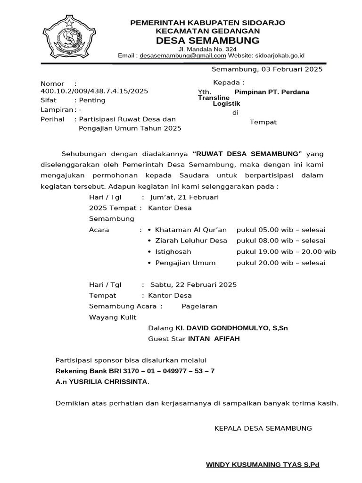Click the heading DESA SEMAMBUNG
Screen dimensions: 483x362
(x=207, y=40)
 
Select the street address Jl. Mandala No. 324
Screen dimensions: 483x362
(x=207, y=49)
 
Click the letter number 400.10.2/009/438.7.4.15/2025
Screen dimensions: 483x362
(x=94, y=91)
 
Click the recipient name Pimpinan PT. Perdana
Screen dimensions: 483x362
(x=271, y=92)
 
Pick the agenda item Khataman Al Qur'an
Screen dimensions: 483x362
(x=191, y=230)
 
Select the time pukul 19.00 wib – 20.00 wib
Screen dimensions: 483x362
(x=286, y=251)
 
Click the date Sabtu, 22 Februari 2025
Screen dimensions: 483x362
(x=193, y=284)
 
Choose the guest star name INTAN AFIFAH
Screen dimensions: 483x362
(x=214, y=339)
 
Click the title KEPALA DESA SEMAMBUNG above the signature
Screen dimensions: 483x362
(x=263, y=428)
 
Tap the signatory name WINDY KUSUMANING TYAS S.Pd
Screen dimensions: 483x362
(x=263, y=465)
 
